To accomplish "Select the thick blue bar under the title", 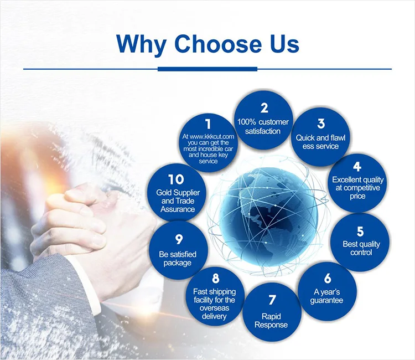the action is click(207, 69).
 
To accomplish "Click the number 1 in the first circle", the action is click(208, 124).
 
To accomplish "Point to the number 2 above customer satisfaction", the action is click(264, 108).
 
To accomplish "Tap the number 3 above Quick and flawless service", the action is click(321, 124).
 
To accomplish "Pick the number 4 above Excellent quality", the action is click(357, 167).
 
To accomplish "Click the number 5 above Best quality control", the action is click(360, 232).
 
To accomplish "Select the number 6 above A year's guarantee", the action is click(328, 278).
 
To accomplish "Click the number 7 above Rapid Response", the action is click(272, 300).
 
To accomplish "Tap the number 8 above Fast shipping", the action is click(215, 278).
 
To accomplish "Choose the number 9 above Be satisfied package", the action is click(179, 239).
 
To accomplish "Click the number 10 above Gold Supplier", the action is click(176, 179).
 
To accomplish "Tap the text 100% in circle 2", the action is click(247, 122).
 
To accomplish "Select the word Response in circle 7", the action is click(271, 325).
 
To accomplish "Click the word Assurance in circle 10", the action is click(178, 209).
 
